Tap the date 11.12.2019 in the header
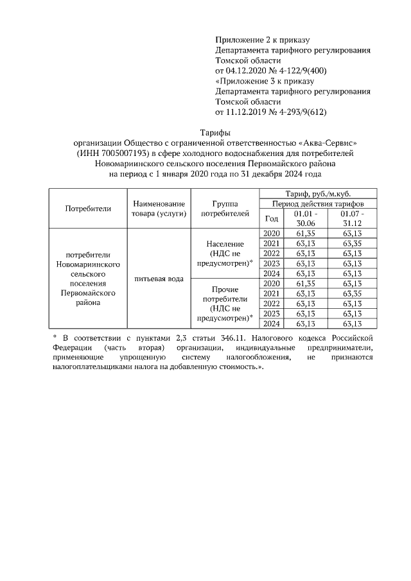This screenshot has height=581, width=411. point(247,112)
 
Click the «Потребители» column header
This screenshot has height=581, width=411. point(88,208)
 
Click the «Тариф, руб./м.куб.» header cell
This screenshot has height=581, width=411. point(318,193)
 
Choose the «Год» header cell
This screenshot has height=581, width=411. point(272,218)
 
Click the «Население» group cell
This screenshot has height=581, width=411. point(225,245)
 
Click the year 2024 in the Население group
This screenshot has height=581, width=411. point(272,273)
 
